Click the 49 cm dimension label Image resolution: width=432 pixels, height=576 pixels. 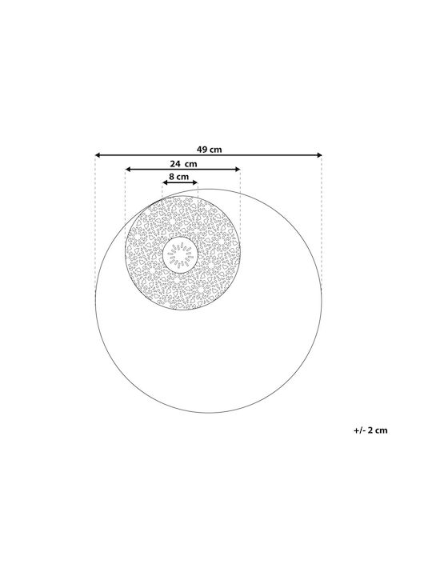click(x=209, y=150)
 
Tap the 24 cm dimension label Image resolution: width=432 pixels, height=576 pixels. click(x=183, y=163)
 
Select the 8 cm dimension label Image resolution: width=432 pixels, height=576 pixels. click(x=179, y=176)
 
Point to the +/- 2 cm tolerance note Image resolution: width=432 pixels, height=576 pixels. click(x=370, y=430)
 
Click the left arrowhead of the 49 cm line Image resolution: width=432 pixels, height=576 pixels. click(x=98, y=155)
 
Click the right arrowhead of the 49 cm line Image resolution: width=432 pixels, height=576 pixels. click(x=319, y=155)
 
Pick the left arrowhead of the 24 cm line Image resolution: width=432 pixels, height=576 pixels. click(x=128, y=169)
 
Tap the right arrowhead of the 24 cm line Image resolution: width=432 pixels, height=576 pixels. click(x=238, y=169)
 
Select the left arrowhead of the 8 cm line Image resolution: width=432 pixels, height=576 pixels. click(x=165, y=182)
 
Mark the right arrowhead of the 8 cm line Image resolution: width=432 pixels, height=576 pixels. click(x=195, y=182)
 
